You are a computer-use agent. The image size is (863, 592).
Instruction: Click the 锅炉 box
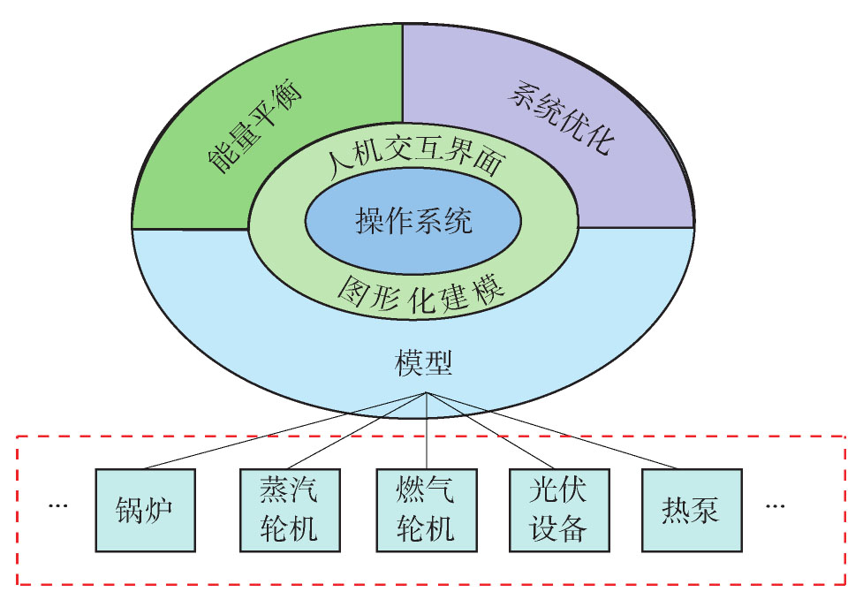(145, 510)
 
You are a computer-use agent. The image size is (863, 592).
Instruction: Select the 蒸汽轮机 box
(290, 510)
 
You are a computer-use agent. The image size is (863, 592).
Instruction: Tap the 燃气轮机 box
(427, 510)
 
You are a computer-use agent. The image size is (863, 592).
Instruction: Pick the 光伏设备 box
(559, 510)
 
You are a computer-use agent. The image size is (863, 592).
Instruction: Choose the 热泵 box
(692, 510)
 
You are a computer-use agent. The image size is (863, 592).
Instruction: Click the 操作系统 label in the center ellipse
(413, 221)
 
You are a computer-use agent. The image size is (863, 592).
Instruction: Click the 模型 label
(424, 363)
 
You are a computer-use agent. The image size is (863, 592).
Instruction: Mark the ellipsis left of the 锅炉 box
(57, 505)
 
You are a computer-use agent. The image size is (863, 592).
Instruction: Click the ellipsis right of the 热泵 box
(776, 505)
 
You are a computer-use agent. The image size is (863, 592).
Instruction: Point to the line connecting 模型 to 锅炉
(285, 430)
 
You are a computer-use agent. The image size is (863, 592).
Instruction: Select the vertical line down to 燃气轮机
(427, 430)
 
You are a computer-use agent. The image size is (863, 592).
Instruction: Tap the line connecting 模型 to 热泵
(551, 430)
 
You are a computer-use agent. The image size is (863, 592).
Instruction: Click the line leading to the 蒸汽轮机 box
(357, 430)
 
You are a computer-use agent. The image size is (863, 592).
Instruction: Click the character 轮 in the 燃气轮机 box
(411, 528)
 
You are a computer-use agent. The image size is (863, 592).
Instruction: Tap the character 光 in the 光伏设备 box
(544, 489)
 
